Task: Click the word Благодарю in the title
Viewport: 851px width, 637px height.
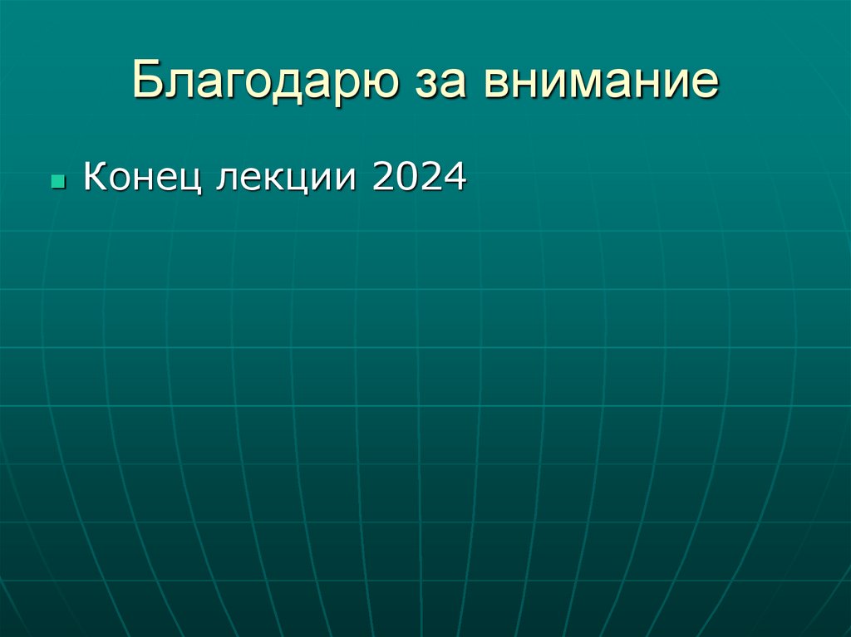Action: point(263,81)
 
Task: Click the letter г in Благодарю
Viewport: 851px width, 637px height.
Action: point(234,84)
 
